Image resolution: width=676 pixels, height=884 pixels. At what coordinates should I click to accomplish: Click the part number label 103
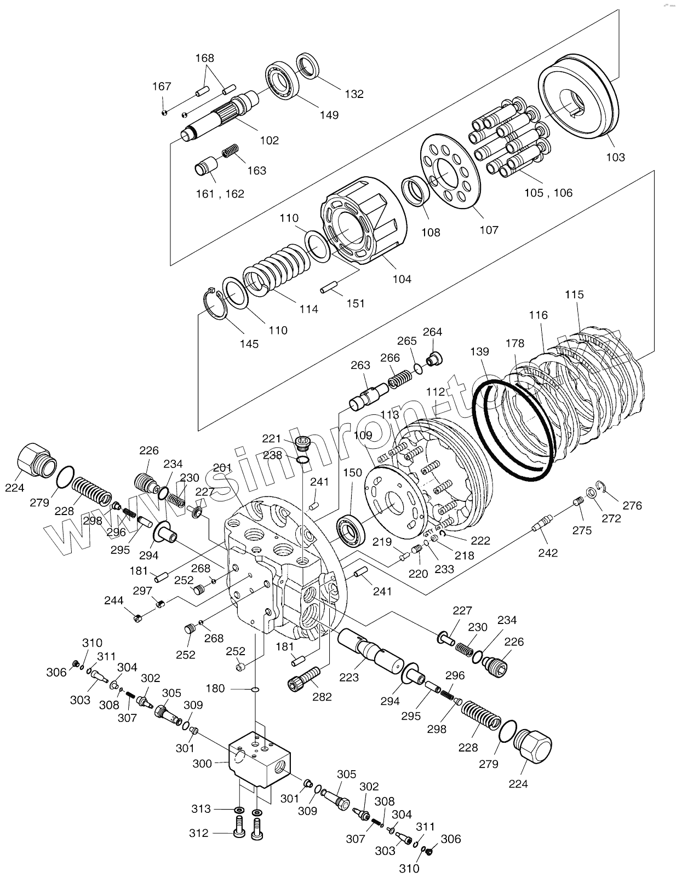[x=615, y=157]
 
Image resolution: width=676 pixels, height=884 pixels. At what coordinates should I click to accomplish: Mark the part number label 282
[x=322, y=697]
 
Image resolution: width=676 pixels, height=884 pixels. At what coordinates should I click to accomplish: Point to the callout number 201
[x=222, y=467]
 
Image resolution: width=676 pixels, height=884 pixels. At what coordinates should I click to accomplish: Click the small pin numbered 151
[x=329, y=287]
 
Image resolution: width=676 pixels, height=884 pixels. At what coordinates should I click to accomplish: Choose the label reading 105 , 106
[x=548, y=193]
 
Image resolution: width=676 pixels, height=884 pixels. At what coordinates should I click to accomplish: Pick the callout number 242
[x=547, y=553]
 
